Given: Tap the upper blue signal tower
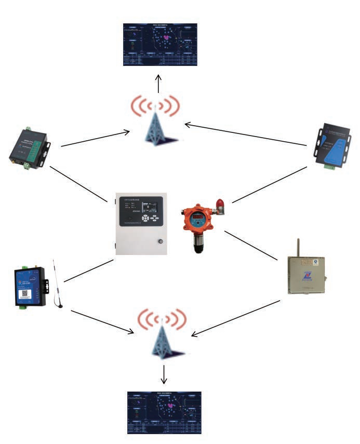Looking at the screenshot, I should coord(160,124).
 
